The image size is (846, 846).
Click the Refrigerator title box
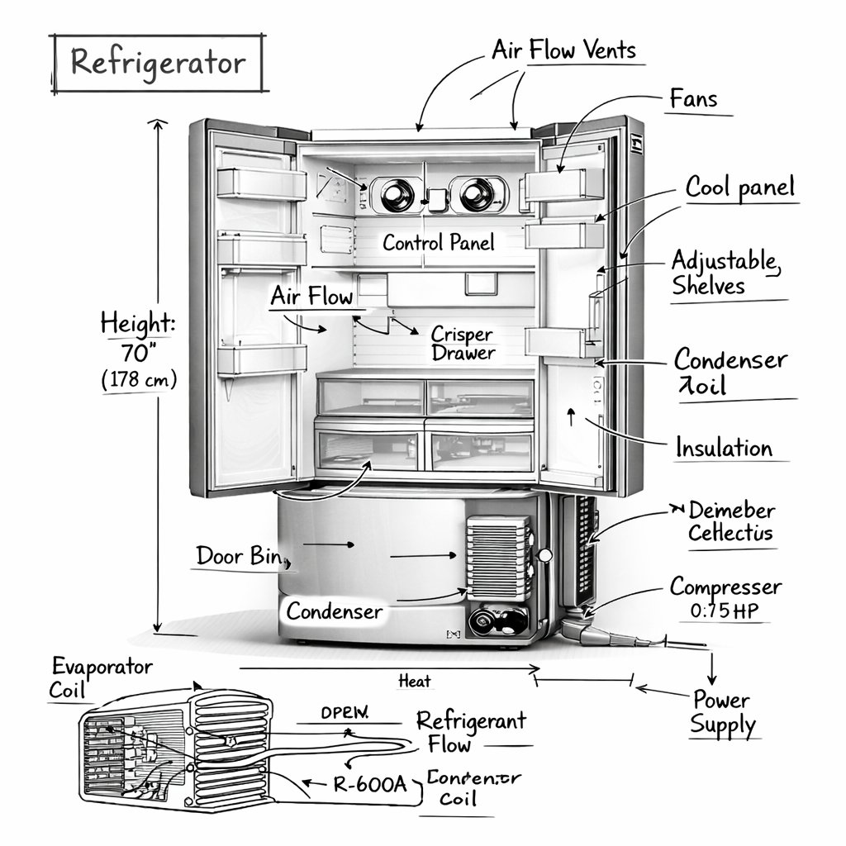point(157,63)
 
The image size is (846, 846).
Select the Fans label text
point(693,100)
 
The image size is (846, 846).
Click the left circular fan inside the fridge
point(397,195)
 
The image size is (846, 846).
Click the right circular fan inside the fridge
point(477,195)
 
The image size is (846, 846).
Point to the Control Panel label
point(439,243)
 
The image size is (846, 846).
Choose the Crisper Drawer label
point(463,344)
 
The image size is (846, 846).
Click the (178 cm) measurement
point(138,381)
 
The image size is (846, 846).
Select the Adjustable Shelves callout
point(724,273)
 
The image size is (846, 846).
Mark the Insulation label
point(724,448)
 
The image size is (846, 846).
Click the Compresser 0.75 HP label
point(725,598)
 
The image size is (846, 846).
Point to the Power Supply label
point(723,713)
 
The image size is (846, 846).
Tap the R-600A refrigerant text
point(369,784)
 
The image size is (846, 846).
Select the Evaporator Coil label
point(102,677)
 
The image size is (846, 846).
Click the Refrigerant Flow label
point(471,732)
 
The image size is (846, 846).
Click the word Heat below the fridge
point(414,681)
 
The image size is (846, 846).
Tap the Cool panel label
point(739,188)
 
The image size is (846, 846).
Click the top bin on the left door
point(261,183)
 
